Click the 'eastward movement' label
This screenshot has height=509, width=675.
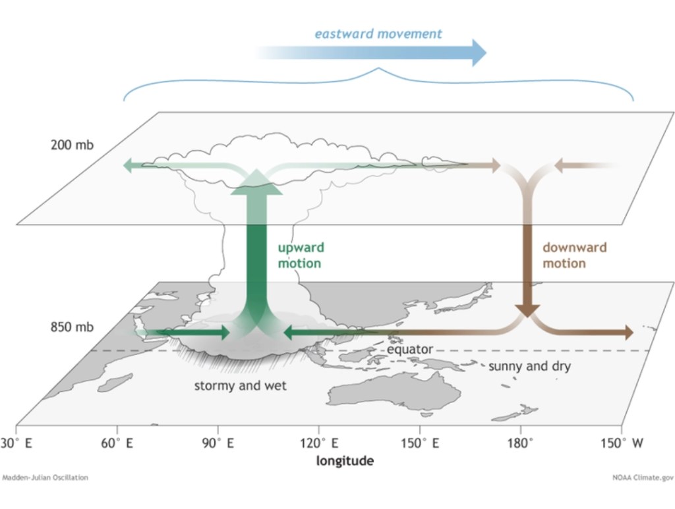pos(378,33)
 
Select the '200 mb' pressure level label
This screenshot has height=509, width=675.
pos(72,144)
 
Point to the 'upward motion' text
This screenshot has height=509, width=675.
pos(299,256)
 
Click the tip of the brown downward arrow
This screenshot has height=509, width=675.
pos(527,313)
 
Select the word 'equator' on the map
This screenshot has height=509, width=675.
pos(409,349)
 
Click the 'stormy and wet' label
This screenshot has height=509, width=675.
pos(240,386)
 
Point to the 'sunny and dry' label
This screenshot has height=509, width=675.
pos(529,366)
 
